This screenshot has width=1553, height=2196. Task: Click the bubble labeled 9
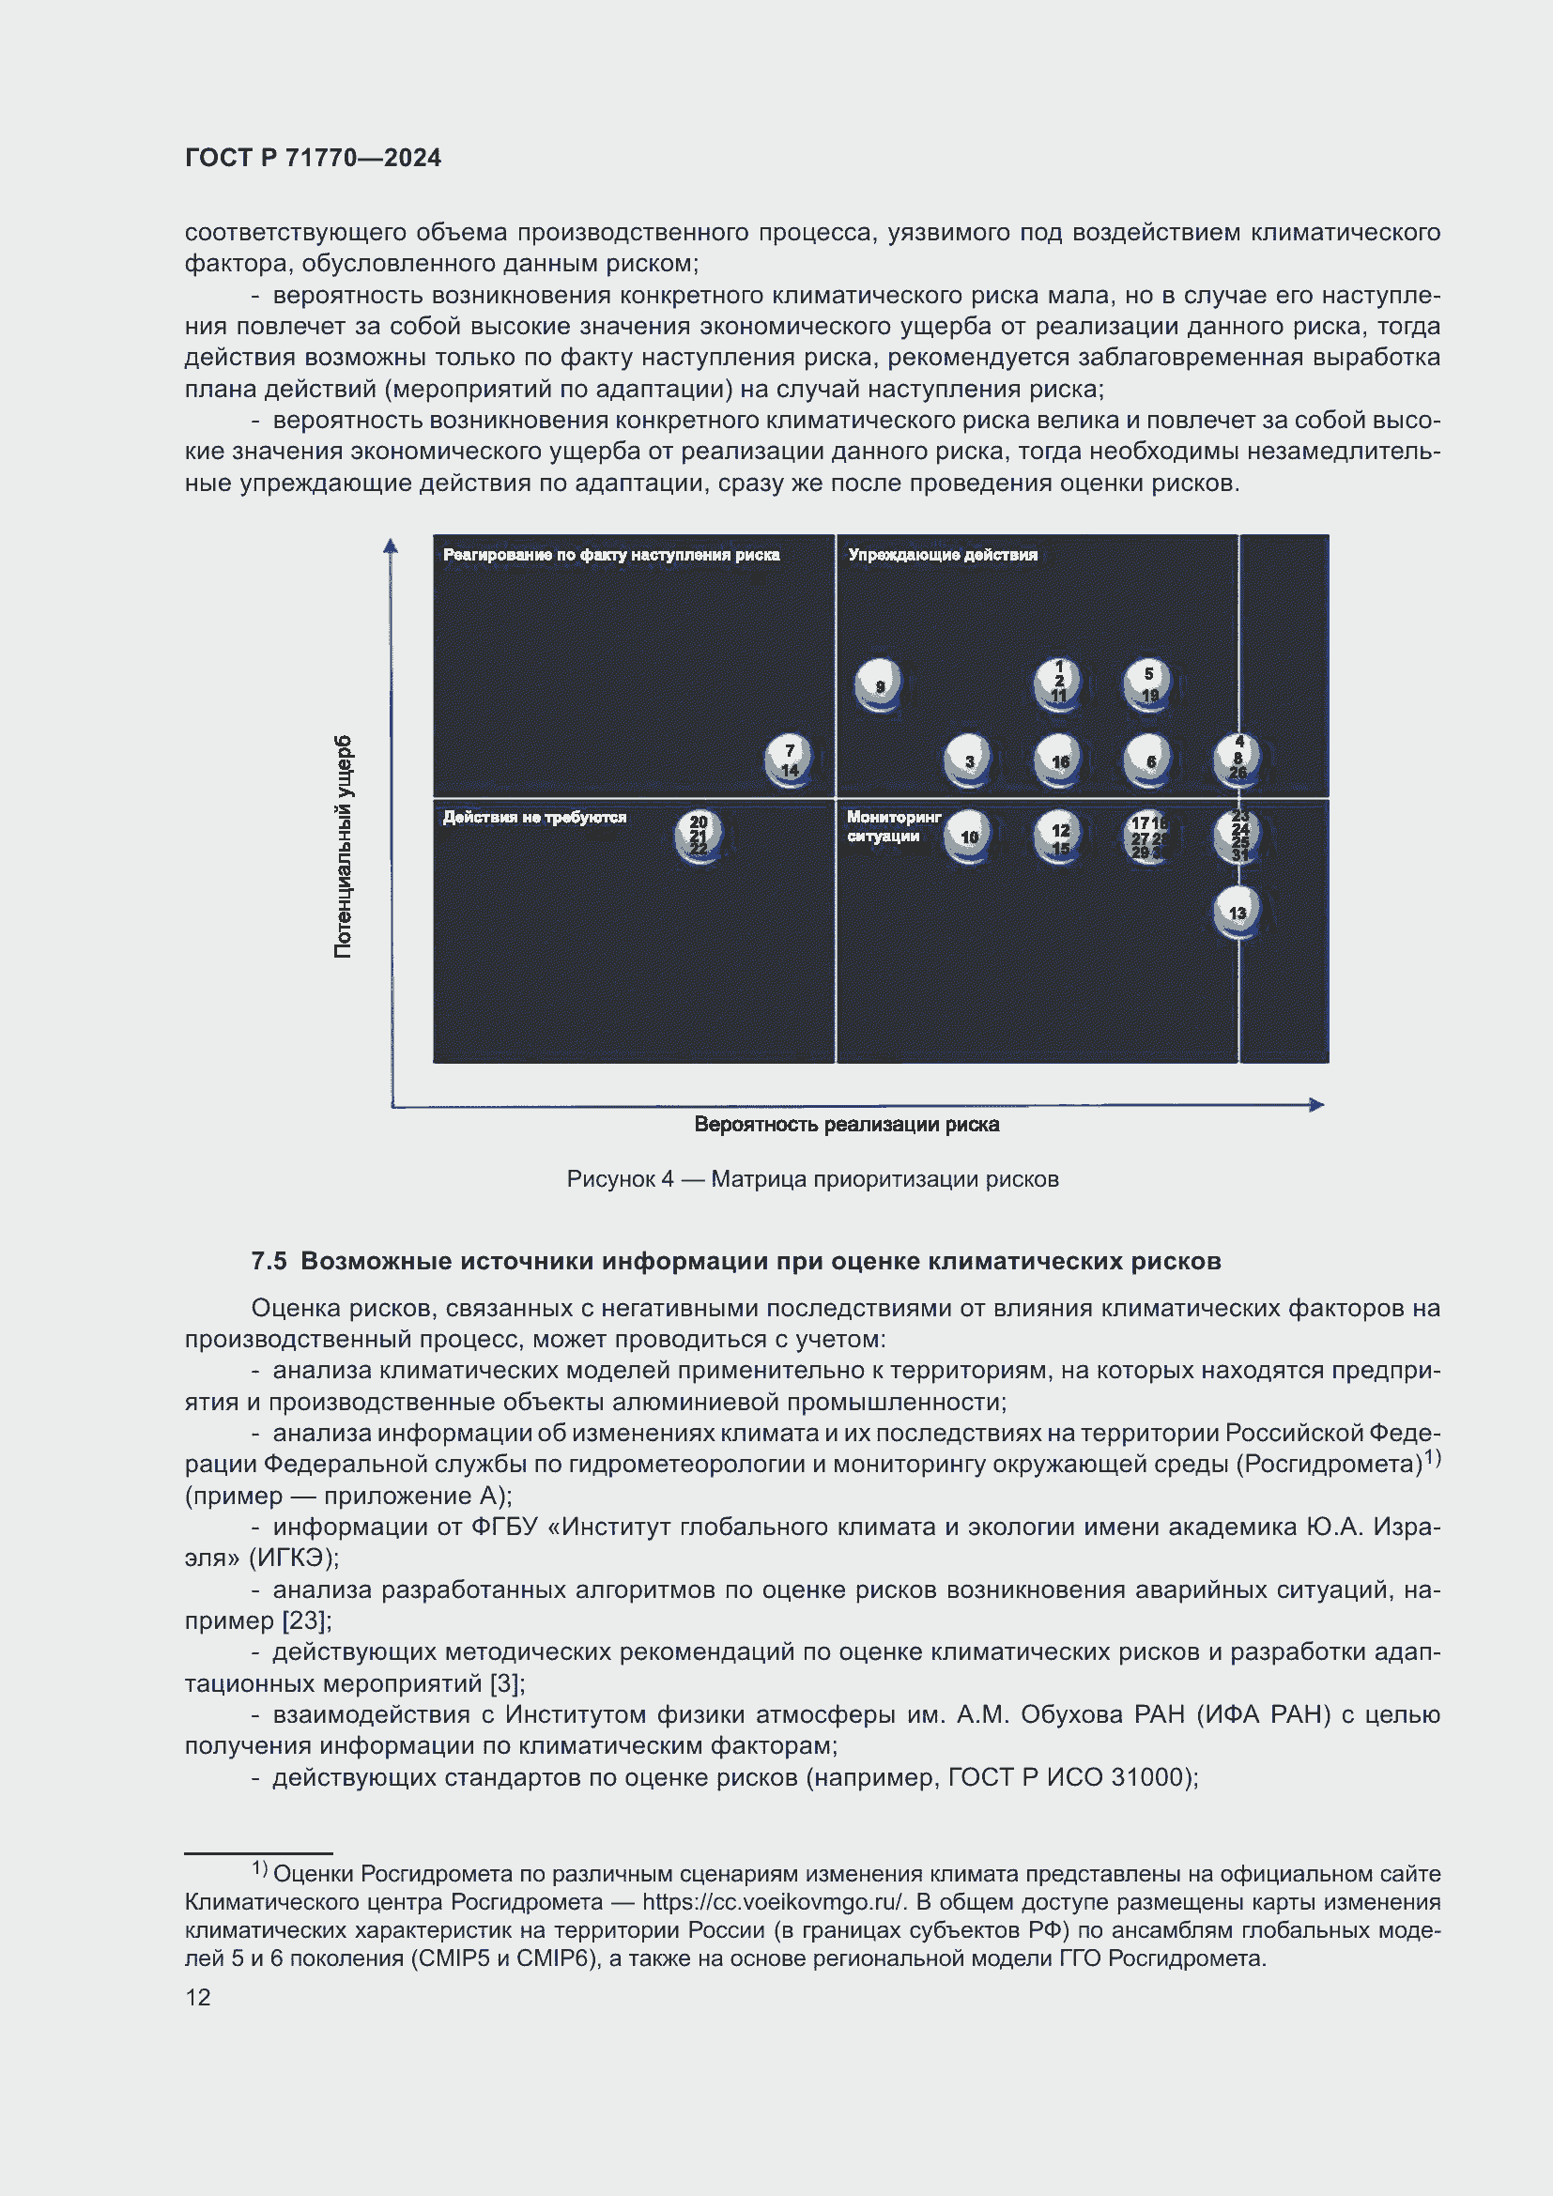coord(878,683)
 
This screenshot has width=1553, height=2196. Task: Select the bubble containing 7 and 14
coord(789,760)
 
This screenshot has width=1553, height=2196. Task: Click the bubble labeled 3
coord(968,760)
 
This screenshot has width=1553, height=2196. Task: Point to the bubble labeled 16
coord(1058,760)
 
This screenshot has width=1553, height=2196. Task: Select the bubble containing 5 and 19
coord(1147,683)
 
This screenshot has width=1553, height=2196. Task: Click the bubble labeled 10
coord(968,837)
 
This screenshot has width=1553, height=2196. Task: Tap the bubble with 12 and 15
coord(1058,837)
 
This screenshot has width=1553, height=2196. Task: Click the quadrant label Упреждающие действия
coord(942,555)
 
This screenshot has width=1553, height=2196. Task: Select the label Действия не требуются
coord(533,817)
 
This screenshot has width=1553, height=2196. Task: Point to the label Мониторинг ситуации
coord(893,826)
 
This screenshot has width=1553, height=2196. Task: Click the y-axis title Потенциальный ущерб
coord(343,847)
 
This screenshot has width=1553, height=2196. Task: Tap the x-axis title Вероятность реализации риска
coord(846,1124)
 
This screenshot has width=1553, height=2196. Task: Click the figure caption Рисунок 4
coord(620,1178)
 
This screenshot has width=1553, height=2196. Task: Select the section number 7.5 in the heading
coord(269,1261)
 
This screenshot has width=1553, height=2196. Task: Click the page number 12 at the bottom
coord(198,1997)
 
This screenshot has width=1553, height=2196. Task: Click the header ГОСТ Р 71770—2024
coord(313,158)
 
